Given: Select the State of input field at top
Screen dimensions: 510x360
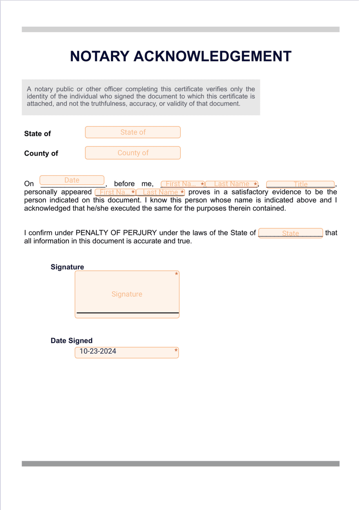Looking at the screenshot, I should [133, 132].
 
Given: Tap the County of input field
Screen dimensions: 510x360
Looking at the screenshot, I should [133, 153].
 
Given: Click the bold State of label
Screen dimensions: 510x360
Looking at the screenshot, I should [37, 134].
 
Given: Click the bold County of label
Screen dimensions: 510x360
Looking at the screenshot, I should [41, 154].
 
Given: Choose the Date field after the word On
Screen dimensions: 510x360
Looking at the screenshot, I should [72, 180].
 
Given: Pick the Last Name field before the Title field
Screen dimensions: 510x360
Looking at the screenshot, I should [231, 184].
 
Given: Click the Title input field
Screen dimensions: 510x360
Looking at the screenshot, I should [300, 184].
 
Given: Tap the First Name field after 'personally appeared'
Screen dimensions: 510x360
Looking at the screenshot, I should [115, 192].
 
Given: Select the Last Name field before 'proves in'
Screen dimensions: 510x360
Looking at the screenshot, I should [160, 192].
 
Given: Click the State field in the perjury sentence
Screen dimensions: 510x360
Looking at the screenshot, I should [290, 233].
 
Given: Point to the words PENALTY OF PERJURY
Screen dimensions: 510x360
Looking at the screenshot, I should [116, 233].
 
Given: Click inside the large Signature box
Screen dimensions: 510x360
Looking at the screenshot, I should [127, 294].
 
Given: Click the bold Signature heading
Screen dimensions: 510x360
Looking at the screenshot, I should [67, 267].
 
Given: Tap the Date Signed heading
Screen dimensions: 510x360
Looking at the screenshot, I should [71, 341].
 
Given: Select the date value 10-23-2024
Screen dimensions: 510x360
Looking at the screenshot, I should [98, 351].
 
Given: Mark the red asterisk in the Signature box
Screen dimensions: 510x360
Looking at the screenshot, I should [176, 274].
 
